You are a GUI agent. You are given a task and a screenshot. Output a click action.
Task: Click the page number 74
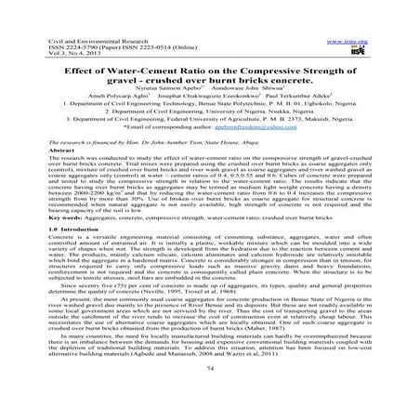point(210,394)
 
